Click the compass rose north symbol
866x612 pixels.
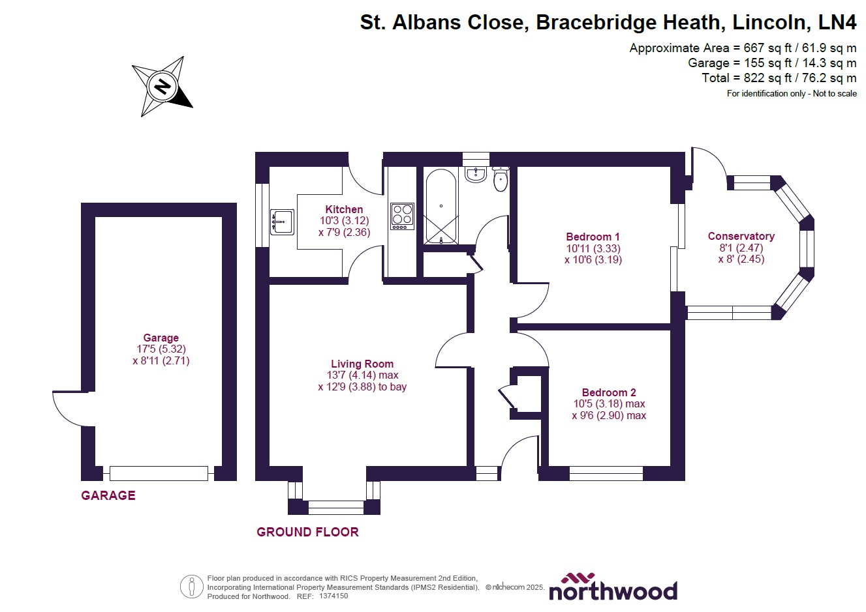pos(162,86)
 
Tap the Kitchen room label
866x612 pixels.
pos(344,209)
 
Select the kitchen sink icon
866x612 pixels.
pos(283,222)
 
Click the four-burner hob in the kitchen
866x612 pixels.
pos(402,216)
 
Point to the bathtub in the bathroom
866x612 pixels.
pos(441,207)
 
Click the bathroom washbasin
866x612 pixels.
pos(476,174)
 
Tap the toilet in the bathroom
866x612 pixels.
pos(501,179)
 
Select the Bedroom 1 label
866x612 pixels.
pos(593,237)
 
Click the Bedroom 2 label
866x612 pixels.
pos(608,392)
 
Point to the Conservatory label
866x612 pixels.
pos(741,236)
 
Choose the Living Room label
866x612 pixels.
pos(362,364)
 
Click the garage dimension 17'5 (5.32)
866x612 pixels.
pos(161,349)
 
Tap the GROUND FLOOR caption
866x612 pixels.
pos(307,532)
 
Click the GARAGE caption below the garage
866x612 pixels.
pos(108,495)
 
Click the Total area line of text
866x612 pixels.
pos(779,78)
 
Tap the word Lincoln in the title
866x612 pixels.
pos(769,22)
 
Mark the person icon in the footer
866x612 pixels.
pos(191,587)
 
